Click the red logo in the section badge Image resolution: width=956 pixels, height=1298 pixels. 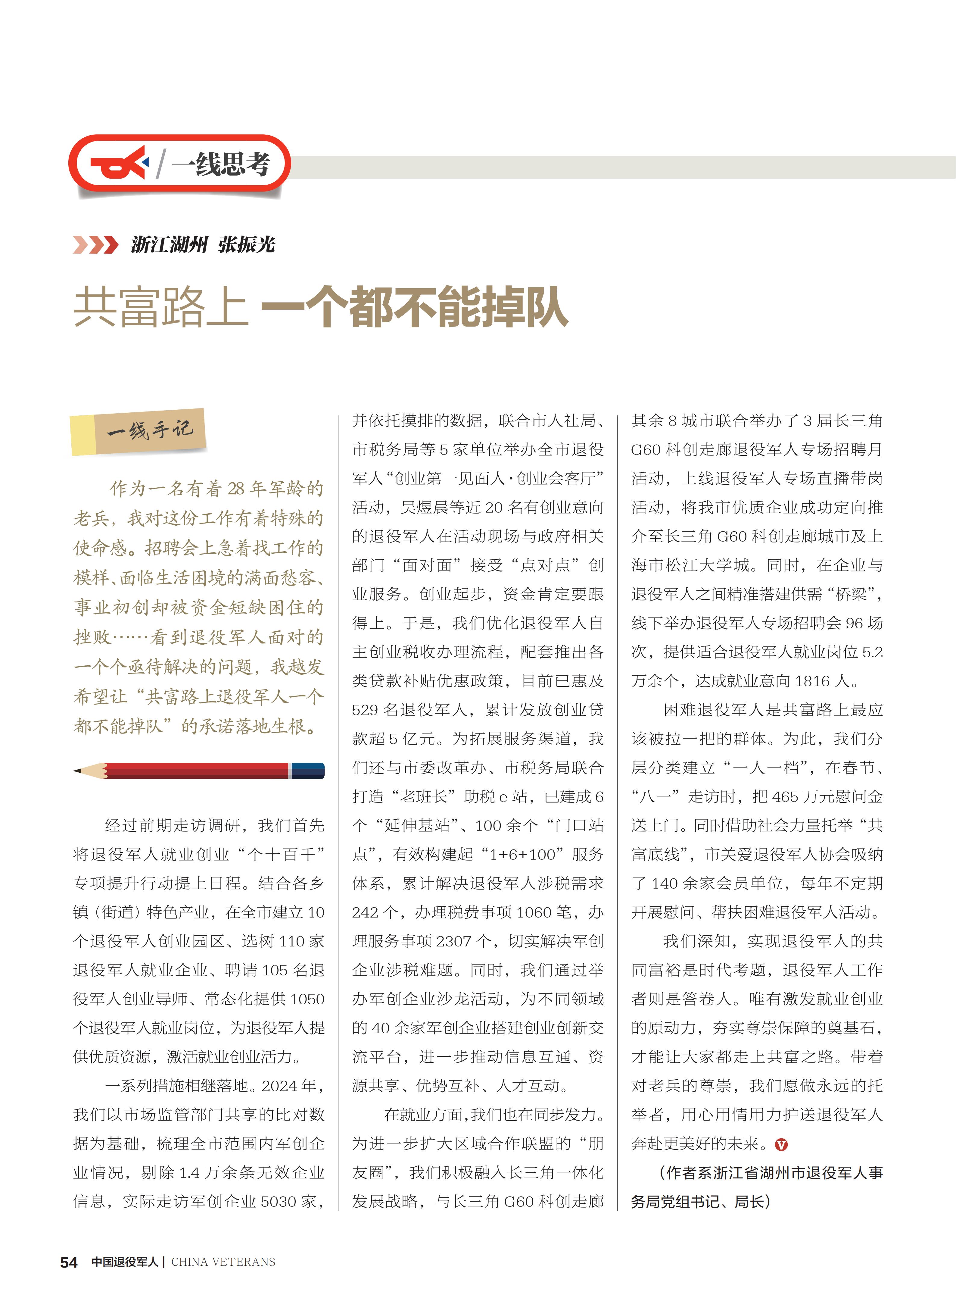(119, 163)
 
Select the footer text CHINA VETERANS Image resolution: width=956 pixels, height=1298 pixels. (223, 1262)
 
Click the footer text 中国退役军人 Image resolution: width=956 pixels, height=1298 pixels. (124, 1262)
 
